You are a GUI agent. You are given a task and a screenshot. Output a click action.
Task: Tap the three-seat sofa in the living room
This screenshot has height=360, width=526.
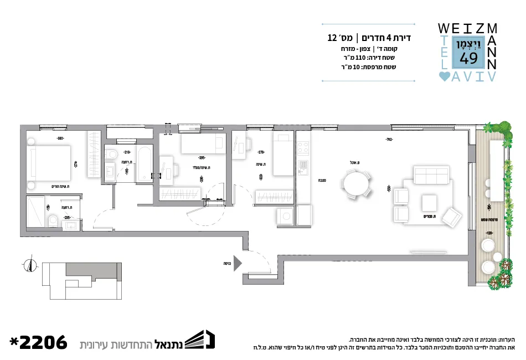[x=432, y=176]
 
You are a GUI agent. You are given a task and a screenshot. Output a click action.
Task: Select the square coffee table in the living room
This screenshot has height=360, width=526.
[x=430, y=200]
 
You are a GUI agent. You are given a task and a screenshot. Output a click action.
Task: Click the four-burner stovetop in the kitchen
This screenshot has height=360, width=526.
[x=303, y=148]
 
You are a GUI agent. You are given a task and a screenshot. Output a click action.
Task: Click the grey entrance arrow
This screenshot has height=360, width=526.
[x=238, y=263]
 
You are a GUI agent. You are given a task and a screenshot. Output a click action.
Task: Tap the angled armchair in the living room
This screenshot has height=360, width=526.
[x=452, y=217]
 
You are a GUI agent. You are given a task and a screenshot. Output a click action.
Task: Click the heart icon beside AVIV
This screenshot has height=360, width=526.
[x=444, y=77]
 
